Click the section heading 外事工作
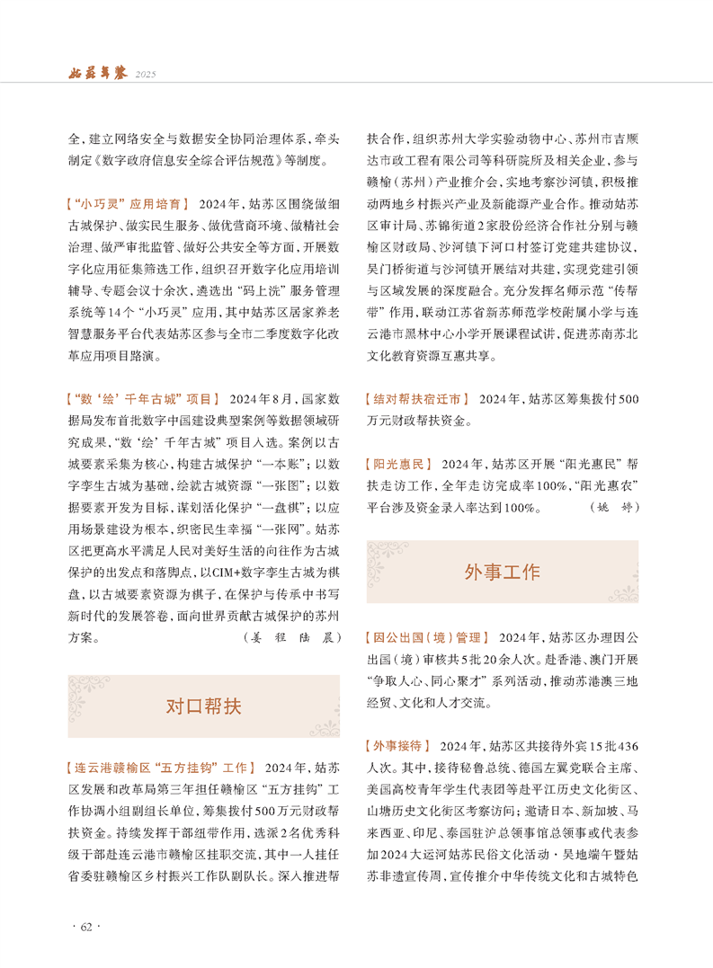tap(502, 572)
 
